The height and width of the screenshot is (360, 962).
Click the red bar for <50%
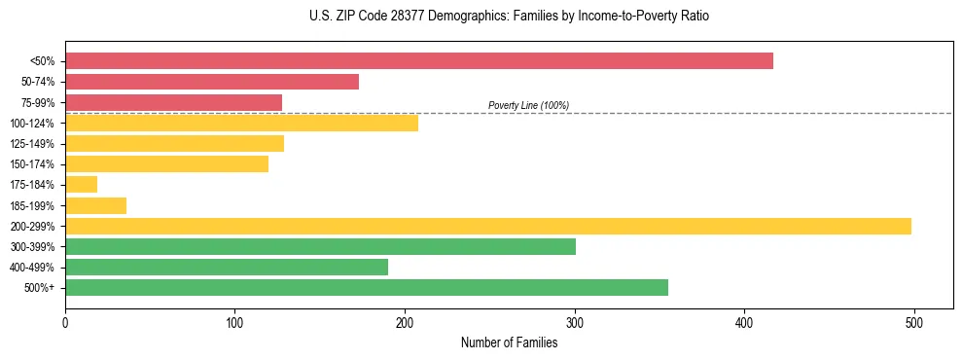(x=418, y=61)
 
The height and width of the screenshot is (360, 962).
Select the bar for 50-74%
(x=212, y=82)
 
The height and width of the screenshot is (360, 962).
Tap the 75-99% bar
(x=173, y=102)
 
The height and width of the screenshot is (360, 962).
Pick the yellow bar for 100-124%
(x=241, y=123)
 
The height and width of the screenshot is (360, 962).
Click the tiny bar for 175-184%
(x=81, y=184)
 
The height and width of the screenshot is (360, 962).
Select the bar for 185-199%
(x=95, y=205)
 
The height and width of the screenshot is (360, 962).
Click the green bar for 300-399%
(x=320, y=246)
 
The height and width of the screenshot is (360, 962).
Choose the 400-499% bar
(x=227, y=267)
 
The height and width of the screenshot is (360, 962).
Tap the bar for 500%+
(x=367, y=287)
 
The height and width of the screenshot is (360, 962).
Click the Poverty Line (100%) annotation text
(x=528, y=105)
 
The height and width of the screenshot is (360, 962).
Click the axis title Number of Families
(x=509, y=342)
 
